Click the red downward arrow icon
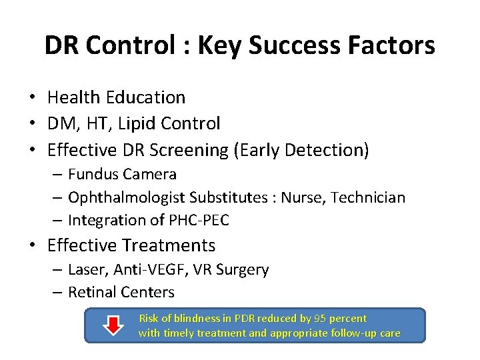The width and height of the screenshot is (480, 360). tap(115, 325)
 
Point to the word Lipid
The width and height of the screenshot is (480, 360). tap(149, 123)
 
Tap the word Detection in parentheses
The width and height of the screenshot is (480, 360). tap(324, 150)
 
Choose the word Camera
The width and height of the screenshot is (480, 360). tap(151, 175)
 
